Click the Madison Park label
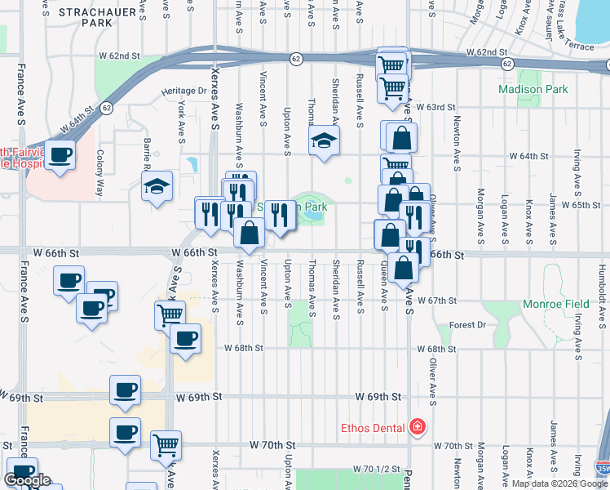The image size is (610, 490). point(533,89)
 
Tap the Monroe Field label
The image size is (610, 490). point(558,304)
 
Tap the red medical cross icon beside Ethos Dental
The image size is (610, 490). point(418,426)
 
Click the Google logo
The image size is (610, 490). point(28,480)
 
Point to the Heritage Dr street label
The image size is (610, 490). point(184,91)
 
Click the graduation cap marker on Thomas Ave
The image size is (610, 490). point(324,140)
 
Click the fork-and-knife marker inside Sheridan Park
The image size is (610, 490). point(280,215)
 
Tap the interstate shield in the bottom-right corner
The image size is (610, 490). point(602,470)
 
